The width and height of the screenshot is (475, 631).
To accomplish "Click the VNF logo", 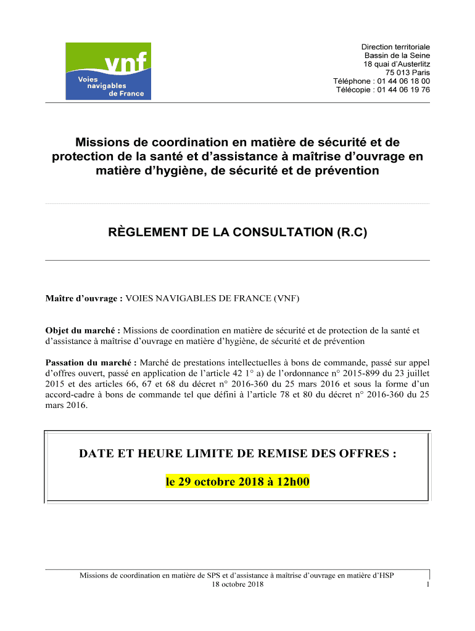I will (x=108, y=71).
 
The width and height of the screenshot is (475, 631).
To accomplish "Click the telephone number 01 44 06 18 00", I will (x=404, y=81).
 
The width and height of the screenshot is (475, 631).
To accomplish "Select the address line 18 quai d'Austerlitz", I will (x=397, y=64).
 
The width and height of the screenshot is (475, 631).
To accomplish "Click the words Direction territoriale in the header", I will (x=395, y=47).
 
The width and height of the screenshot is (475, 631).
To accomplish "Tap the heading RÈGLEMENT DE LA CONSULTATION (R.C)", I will (x=238, y=232).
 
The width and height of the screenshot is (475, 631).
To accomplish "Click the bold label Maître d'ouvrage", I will (x=83, y=299).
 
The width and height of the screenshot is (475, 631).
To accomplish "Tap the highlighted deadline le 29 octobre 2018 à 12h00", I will (x=238, y=482).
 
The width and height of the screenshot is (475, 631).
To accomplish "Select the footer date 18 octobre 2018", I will (x=238, y=584).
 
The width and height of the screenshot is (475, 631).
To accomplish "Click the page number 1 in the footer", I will (x=427, y=585).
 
